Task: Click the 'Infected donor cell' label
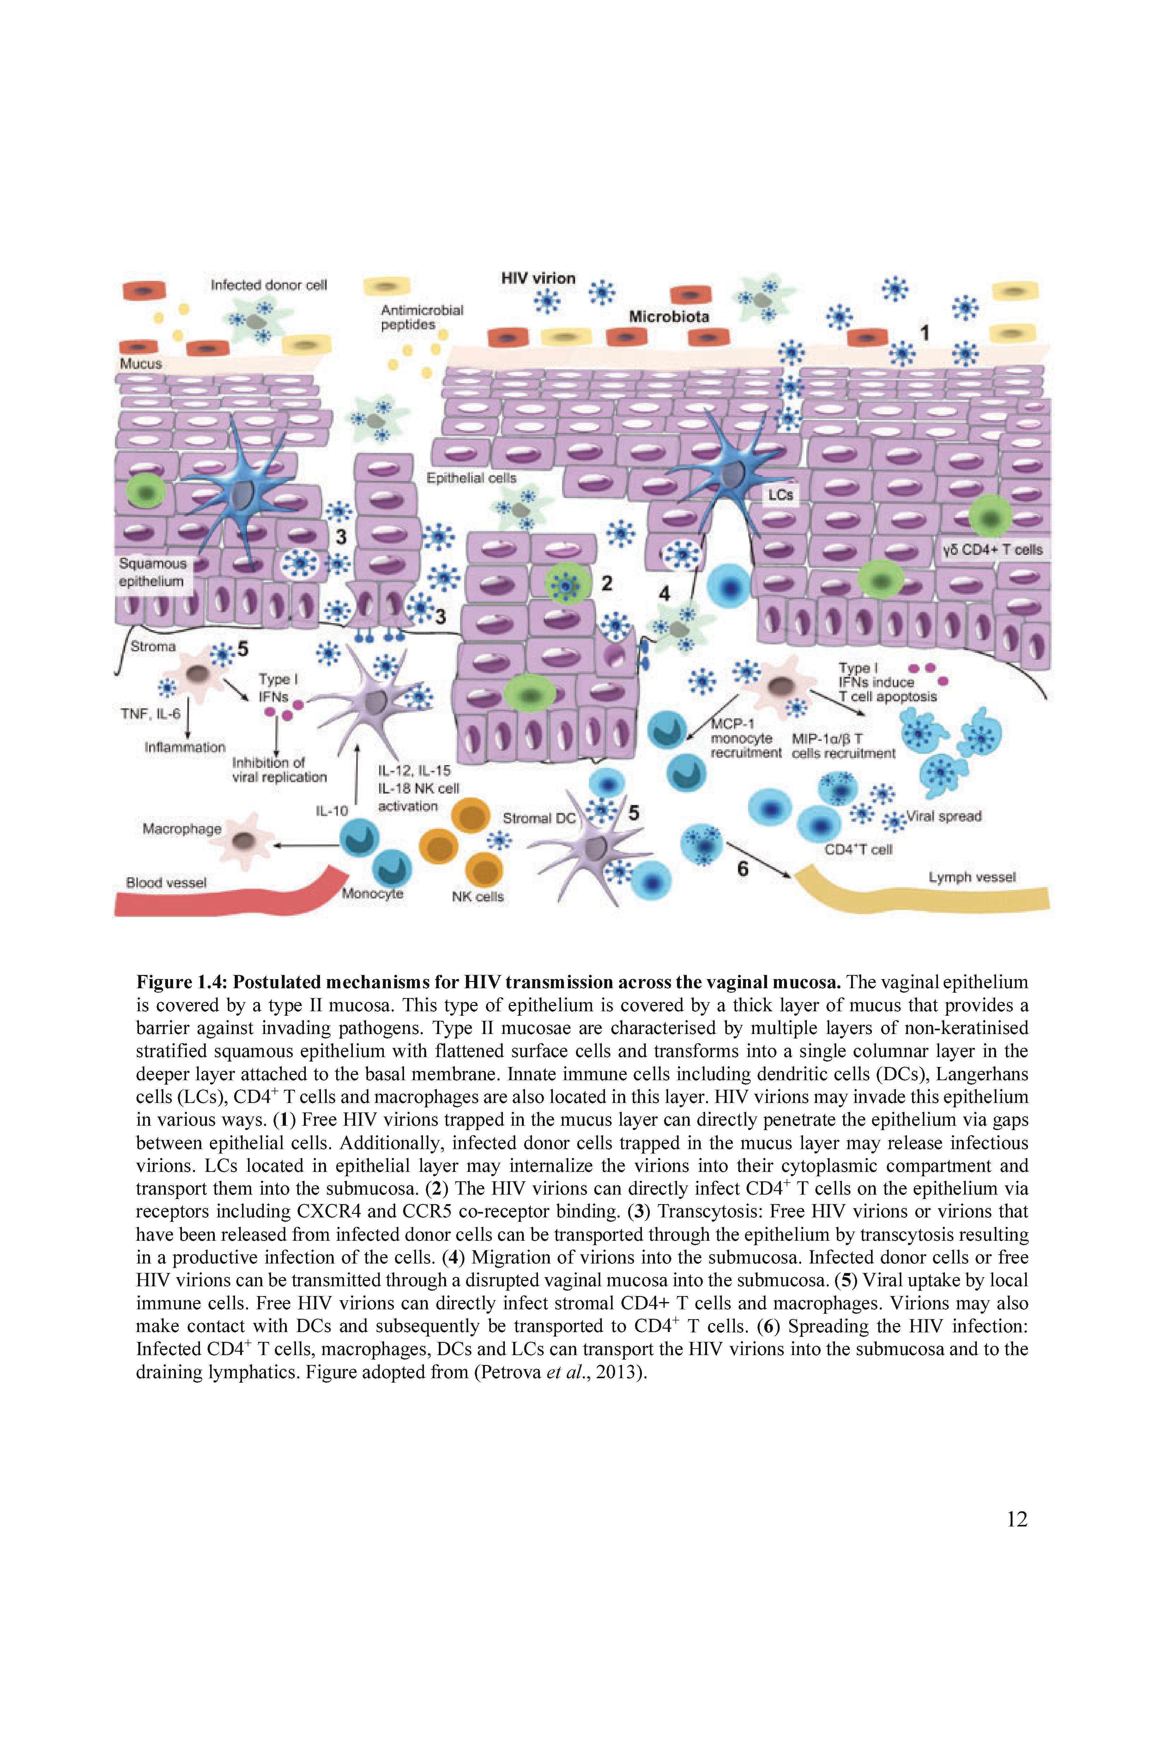pos(269,285)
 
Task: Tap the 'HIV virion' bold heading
pos(538,278)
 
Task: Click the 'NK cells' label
pos(478,896)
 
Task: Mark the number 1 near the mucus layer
pos(924,333)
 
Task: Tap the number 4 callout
pos(664,593)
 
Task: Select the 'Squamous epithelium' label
pos(153,572)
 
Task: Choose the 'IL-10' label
pos(332,811)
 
